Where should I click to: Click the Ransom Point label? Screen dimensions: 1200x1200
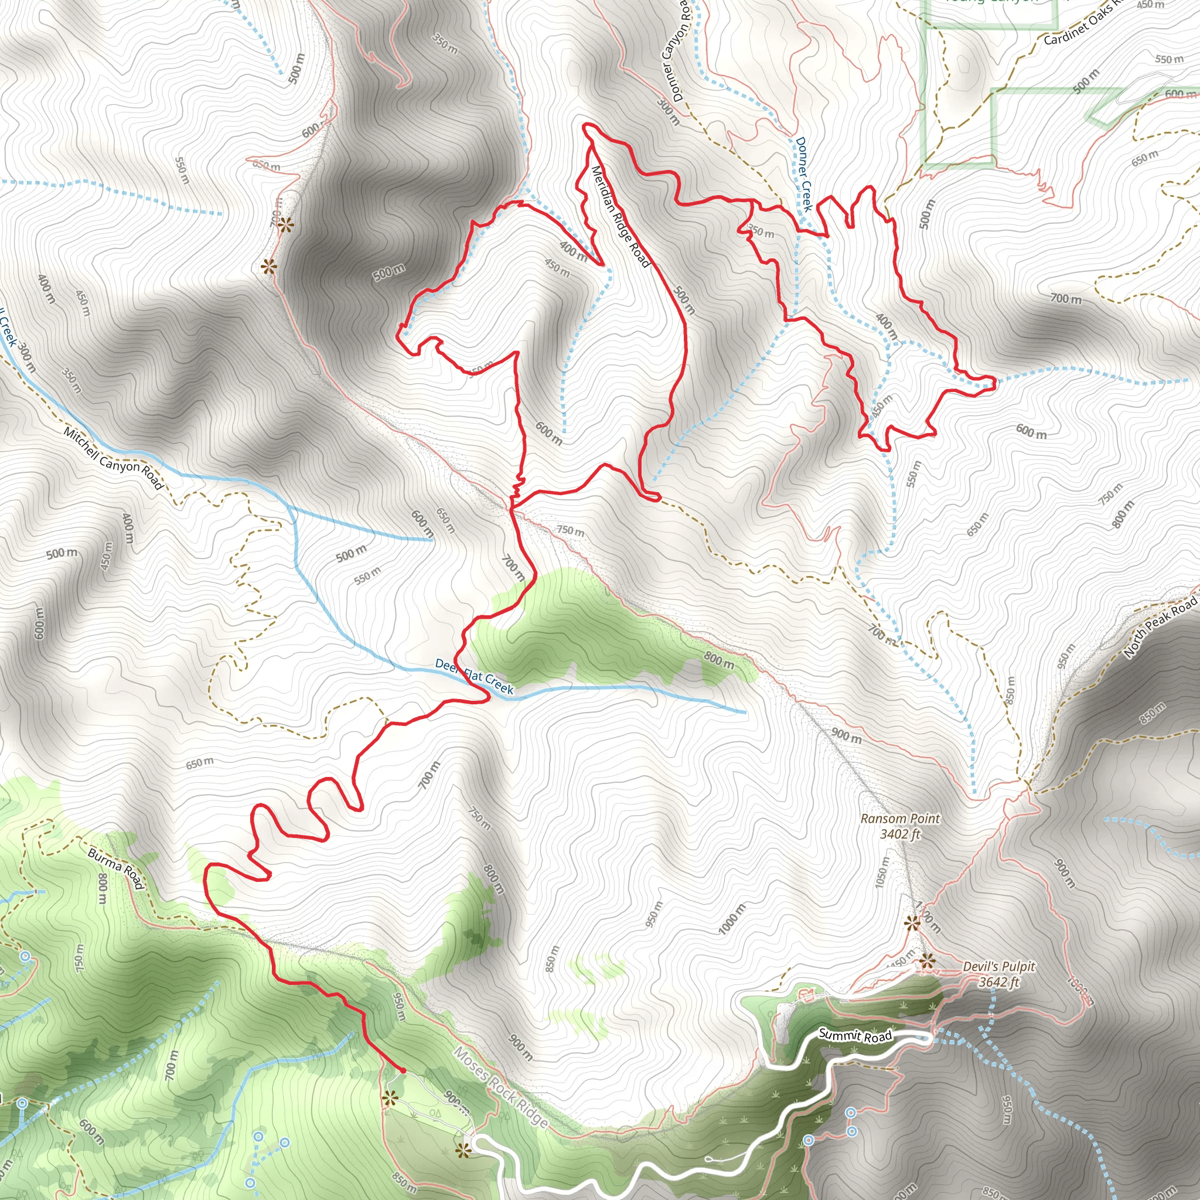[x=900, y=819]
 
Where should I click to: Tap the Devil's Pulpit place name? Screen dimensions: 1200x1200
[x=999, y=966]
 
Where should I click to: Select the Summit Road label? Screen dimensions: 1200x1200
[x=855, y=1035]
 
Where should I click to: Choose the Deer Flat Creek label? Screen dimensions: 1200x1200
[x=474, y=676]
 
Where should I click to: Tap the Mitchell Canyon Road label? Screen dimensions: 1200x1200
[x=114, y=458]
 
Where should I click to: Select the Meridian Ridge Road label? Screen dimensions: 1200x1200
[x=620, y=216]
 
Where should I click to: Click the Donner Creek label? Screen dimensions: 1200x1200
[x=804, y=175]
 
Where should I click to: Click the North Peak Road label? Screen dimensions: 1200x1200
[x=1161, y=628]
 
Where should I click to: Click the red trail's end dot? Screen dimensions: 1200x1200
[x=403, y=1070]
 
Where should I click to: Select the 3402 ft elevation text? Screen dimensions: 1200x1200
[x=900, y=834]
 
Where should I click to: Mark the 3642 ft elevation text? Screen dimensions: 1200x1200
[x=999, y=982]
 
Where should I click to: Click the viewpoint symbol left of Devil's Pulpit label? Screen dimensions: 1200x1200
[x=928, y=962]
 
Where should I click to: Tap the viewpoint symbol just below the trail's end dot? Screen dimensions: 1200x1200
[x=390, y=1099]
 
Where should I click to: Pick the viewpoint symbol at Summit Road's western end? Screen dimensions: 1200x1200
[x=462, y=1151]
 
